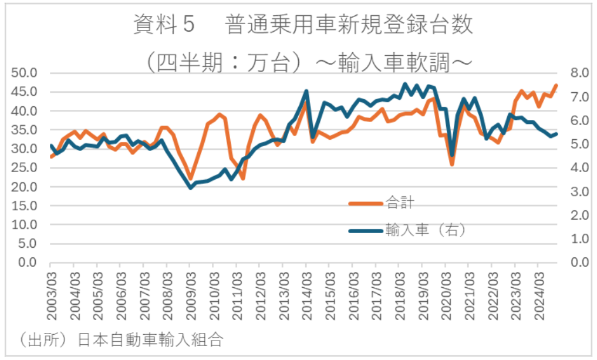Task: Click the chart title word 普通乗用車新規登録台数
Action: coord(349,26)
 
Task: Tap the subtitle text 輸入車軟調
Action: coord(405,62)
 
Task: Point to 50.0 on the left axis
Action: coord(25,73)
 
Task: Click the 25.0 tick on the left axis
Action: coord(25,167)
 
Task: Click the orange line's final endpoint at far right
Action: coord(556,86)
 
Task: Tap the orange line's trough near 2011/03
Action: coord(242,179)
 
